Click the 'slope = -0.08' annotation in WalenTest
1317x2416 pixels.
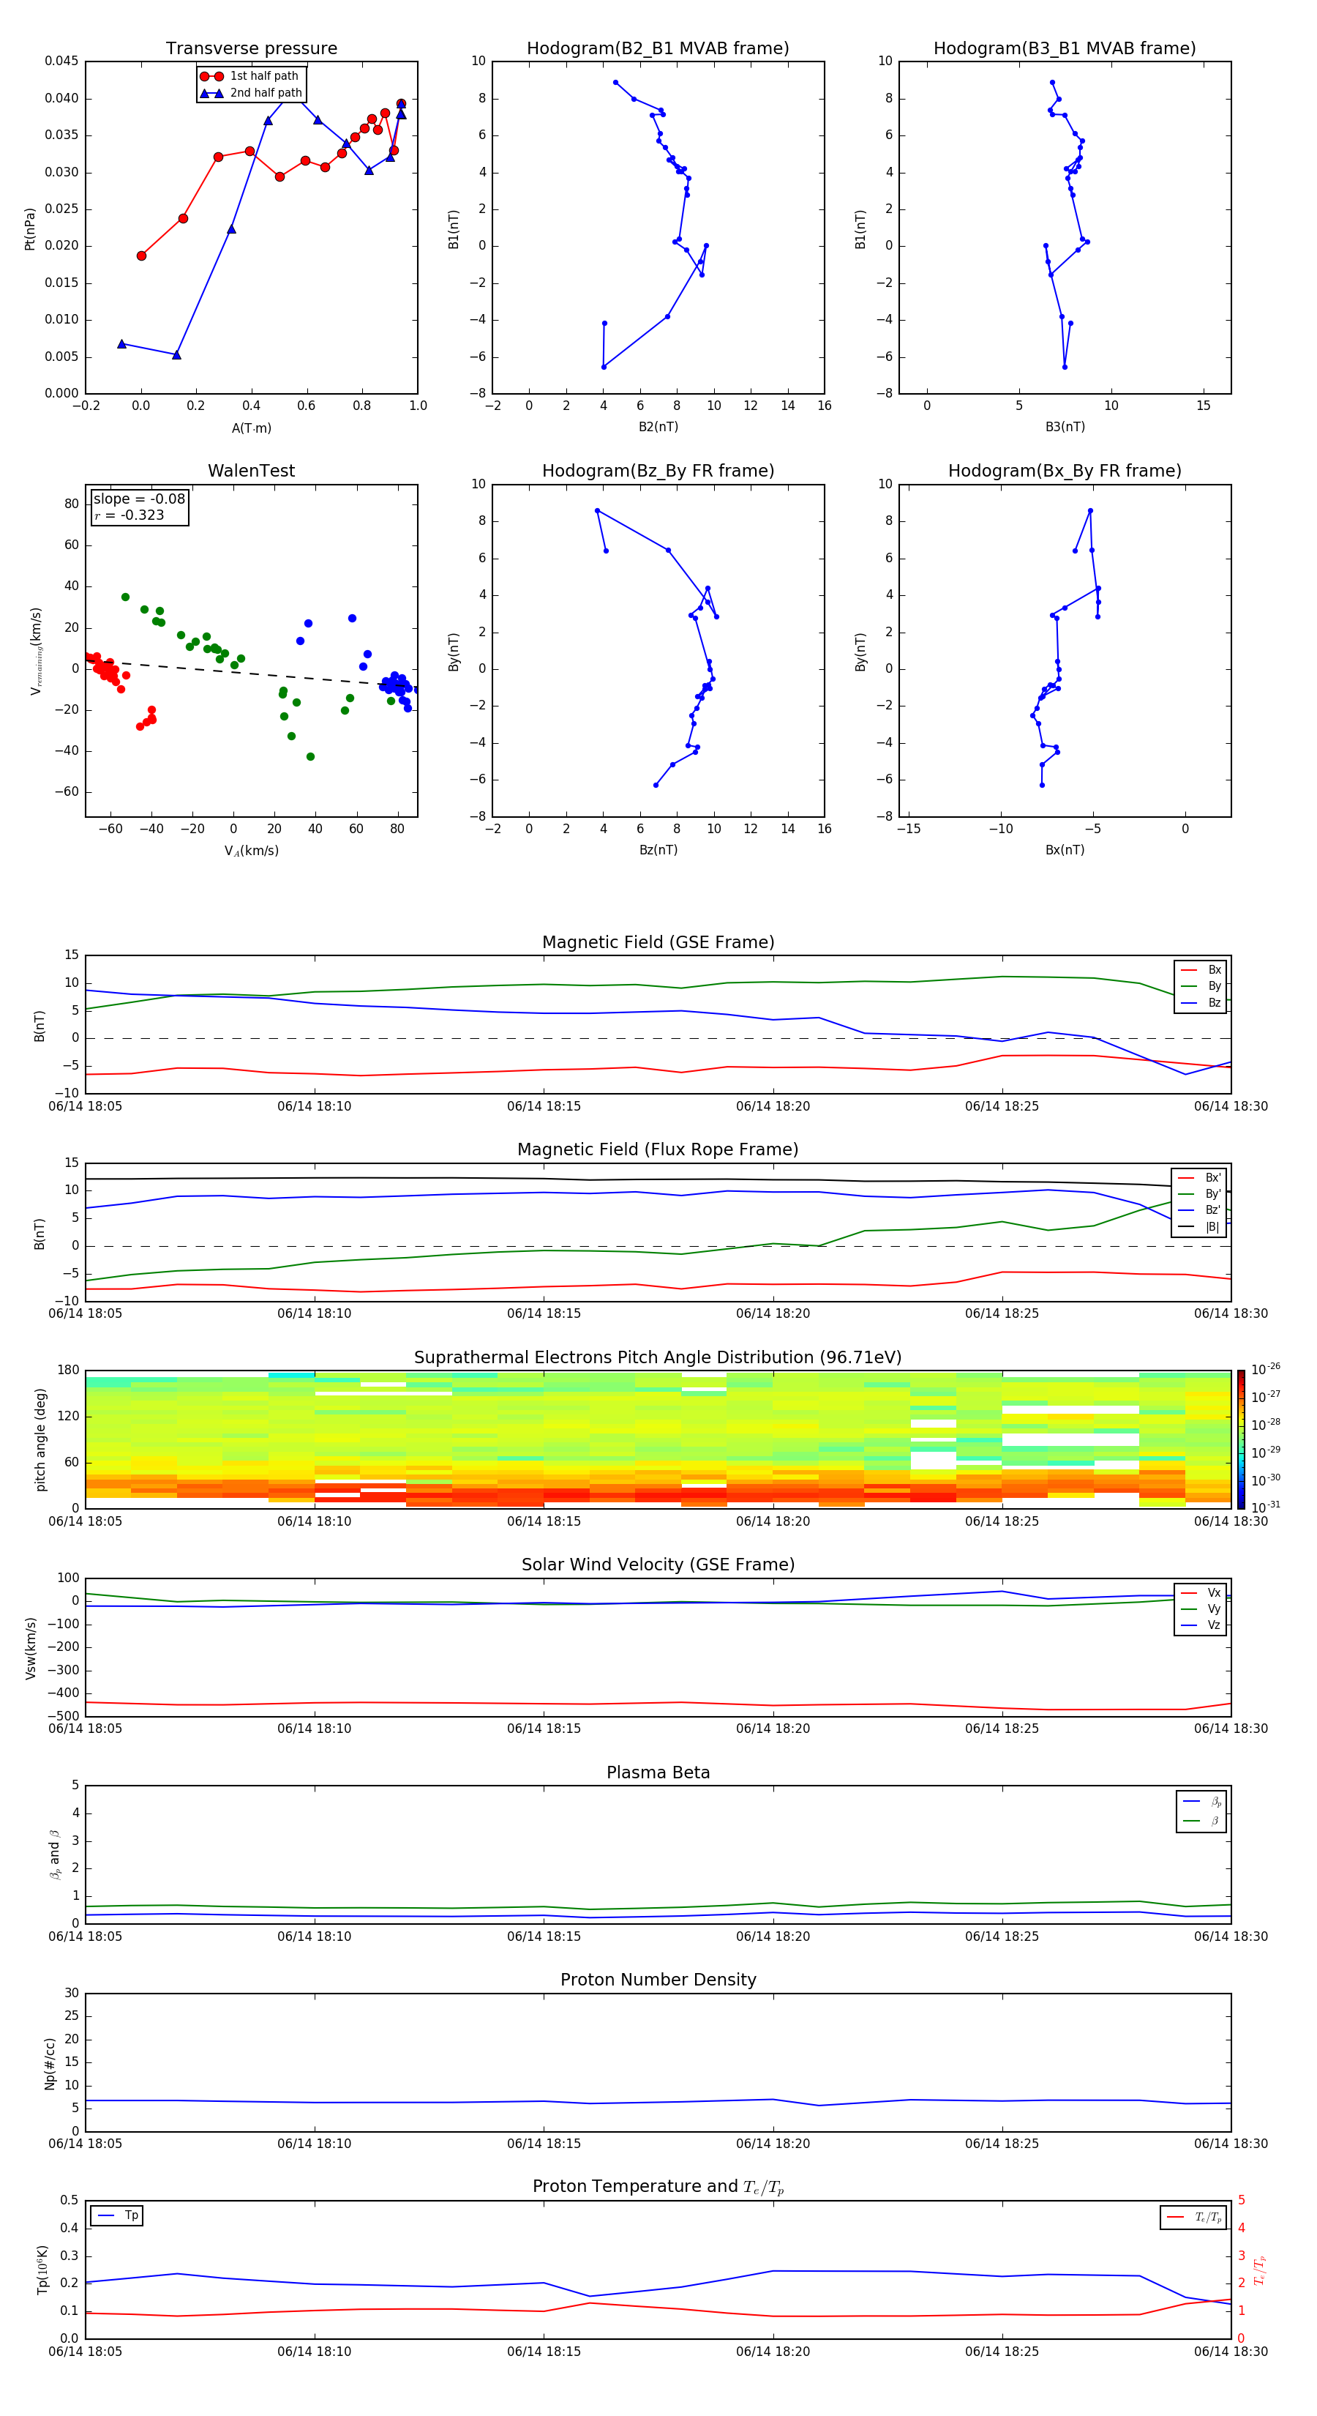139,499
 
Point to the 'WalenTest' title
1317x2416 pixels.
251,471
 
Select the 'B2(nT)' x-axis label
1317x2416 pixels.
658,427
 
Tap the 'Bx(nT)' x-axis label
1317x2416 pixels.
1064,850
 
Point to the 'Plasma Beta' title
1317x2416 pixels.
657,1772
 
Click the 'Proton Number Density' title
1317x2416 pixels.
657,1980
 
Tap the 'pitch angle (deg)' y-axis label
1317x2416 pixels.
40,1439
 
